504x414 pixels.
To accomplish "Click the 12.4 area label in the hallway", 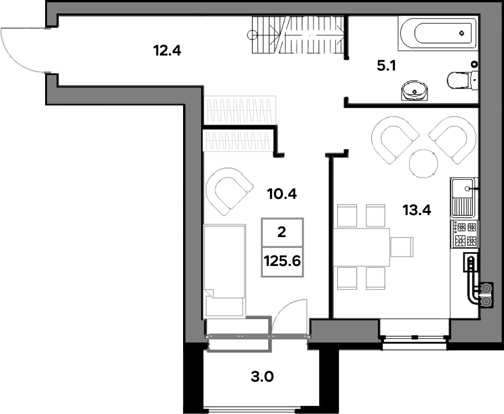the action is point(167,51).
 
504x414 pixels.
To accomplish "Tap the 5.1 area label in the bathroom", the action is point(386,66).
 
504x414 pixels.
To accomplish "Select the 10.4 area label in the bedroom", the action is point(282,194).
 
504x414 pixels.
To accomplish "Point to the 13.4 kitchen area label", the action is point(417,210).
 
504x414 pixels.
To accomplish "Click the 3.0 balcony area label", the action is point(262,377).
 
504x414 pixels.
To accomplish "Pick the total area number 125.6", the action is point(282,261).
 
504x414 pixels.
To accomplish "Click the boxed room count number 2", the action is point(282,232).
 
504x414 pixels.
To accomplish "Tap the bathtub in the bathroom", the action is point(437,33).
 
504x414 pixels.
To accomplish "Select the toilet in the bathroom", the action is point(462,80).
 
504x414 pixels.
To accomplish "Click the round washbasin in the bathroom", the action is point(414,91).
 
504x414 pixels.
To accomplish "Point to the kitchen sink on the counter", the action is point(464,197).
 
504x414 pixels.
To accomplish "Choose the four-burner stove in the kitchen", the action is point(465,234).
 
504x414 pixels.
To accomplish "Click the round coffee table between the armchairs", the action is point(423,164).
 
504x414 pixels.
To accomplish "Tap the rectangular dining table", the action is point(361,247).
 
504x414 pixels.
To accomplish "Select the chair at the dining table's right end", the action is point(402,247).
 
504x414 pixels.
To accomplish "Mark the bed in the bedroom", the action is point(225,271).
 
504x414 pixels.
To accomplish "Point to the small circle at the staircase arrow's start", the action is point(251,34).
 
